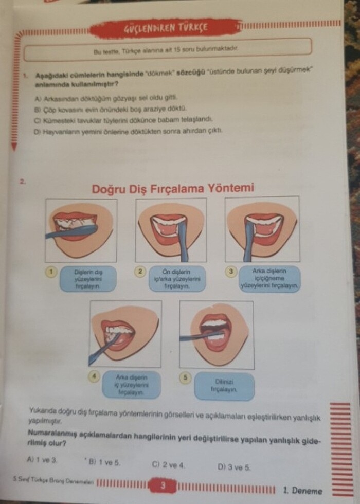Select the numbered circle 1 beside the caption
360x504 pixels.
[x=51, y=271]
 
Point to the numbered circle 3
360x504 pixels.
[x=232, y=271]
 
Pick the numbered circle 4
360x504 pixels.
[x=95, y=376]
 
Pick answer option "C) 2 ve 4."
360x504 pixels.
[x=168, y=464]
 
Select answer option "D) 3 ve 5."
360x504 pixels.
[x=234, y=467]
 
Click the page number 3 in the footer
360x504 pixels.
[x=163, y=485]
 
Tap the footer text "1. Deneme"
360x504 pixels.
[x=302, y=490]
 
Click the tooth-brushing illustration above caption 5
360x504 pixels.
[x=215, y=333]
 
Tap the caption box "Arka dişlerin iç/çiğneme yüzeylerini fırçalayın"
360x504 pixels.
[x=269, y=278]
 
